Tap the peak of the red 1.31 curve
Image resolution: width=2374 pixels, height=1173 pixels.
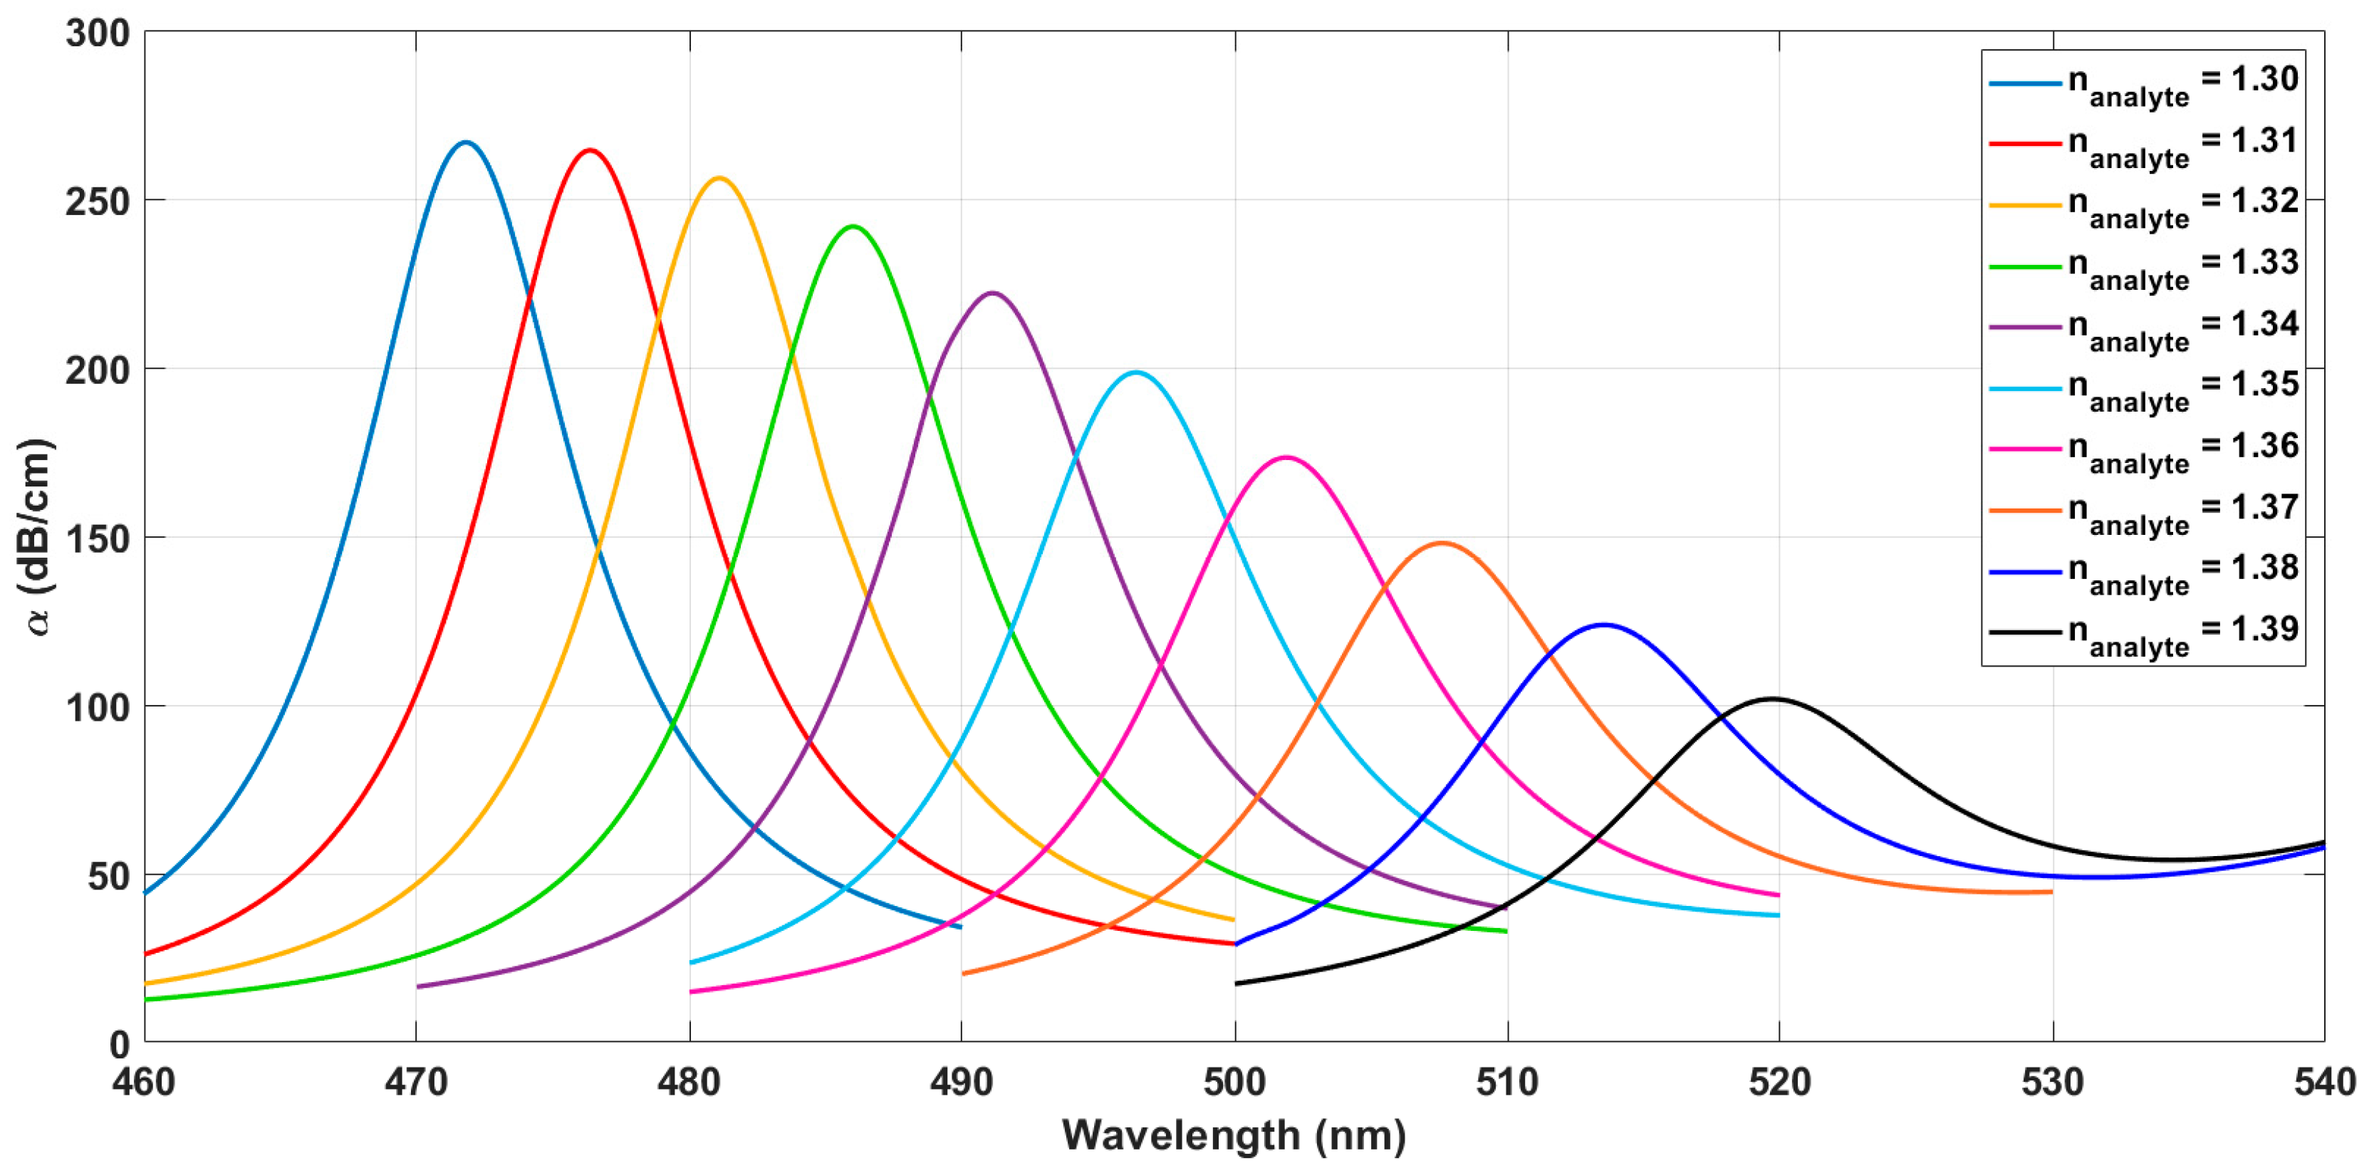tap(590, 150)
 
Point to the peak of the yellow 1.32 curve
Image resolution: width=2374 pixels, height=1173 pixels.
tap(719, 178)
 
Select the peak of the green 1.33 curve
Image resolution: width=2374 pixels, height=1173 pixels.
tap(853, 226)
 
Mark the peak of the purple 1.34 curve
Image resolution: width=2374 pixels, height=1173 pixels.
tap(991, 293)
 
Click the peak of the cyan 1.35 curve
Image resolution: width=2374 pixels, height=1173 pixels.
tap(1135, 372)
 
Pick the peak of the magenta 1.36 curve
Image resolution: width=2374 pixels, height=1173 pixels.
tap(1286, 457)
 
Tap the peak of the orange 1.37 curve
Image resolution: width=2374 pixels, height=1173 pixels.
tap(1442, 543)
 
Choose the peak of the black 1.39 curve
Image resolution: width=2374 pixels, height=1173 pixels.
tap(1771, 699)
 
